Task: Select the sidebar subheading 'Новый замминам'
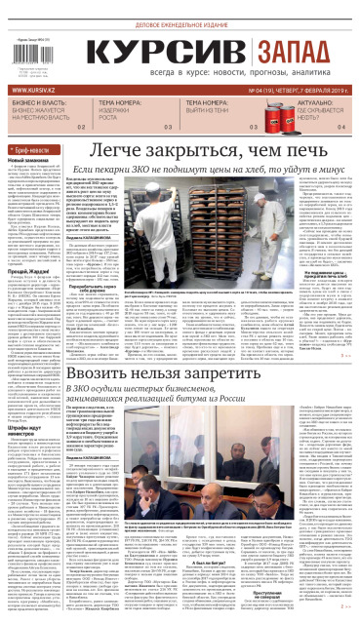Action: point(28,159)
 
